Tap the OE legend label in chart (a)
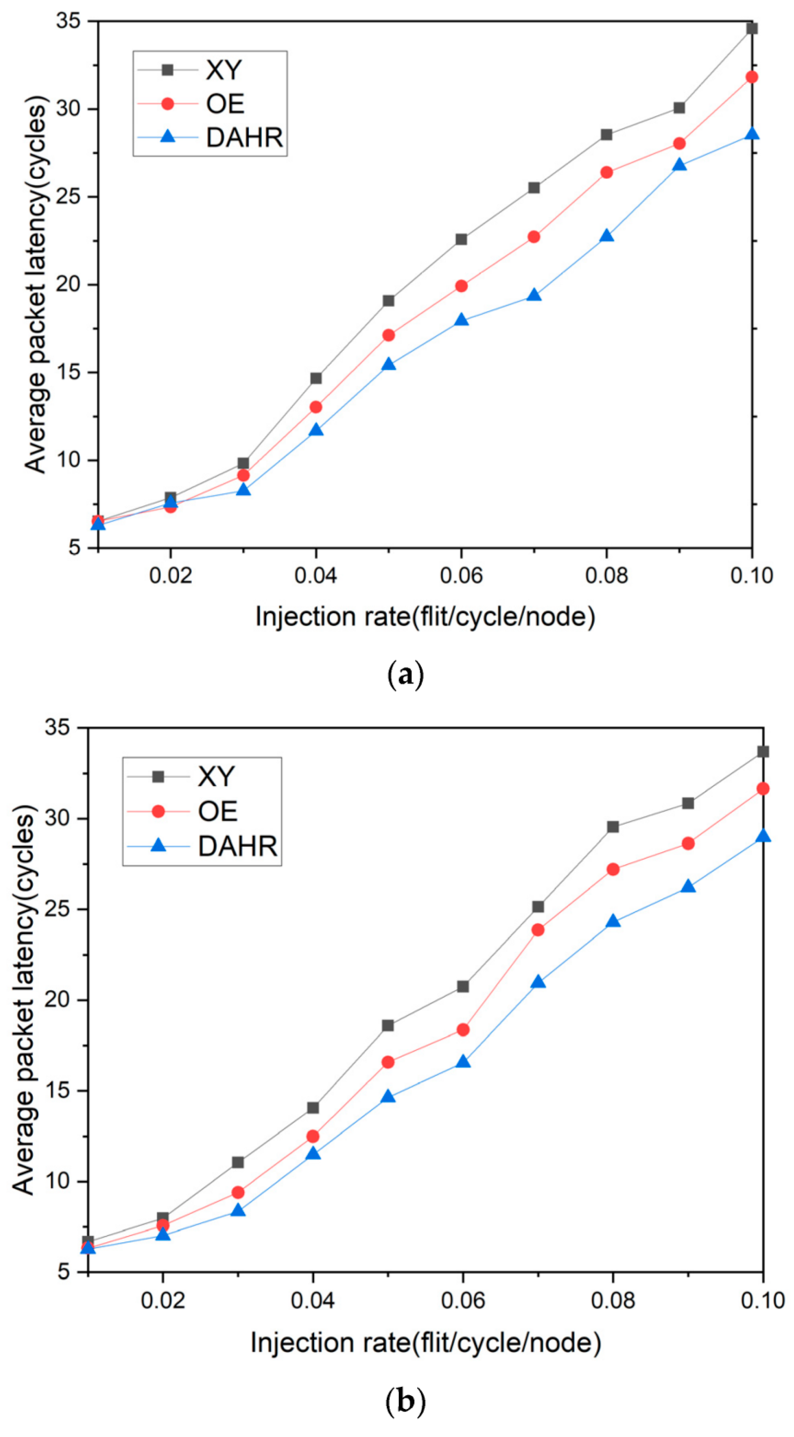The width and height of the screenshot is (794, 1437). tap(225, 104)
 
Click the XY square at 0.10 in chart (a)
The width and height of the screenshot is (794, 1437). tap(751, 29)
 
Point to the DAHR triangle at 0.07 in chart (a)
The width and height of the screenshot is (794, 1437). tap(534, 295)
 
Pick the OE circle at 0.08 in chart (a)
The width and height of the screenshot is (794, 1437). tap(607, 173)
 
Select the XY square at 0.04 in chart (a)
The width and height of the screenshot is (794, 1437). tap(316, 378)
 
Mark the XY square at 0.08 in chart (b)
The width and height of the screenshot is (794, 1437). tap(613, 827)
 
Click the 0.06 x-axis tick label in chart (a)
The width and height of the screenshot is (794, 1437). tap(461, 575)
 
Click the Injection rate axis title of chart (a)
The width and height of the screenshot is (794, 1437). tap(425, 617)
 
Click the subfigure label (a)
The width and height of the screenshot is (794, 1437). tap(405, 675)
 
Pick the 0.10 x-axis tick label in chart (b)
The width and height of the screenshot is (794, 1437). tap(762, 1300)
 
